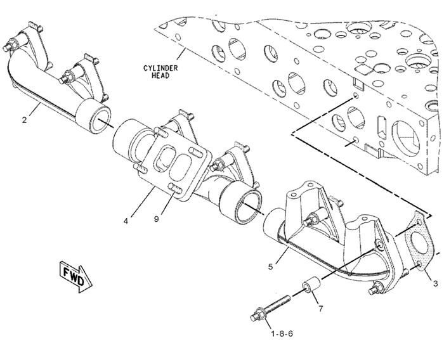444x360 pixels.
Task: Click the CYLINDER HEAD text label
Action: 160,72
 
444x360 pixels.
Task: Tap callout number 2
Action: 24,120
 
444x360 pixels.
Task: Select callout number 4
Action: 126,221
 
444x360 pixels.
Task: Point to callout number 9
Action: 156,219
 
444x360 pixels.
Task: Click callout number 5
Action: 270,267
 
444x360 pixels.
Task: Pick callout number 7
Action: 320,309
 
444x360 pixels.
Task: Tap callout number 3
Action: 435,283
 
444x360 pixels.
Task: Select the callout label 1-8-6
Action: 282,334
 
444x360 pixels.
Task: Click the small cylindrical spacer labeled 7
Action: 312,286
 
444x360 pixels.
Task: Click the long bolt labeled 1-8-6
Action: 270,308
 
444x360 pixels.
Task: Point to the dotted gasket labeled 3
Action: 418,243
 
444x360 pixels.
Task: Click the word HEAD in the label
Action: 160,75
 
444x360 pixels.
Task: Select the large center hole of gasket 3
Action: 419,243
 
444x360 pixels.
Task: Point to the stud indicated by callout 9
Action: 175,189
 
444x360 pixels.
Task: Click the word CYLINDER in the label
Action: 160,68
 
